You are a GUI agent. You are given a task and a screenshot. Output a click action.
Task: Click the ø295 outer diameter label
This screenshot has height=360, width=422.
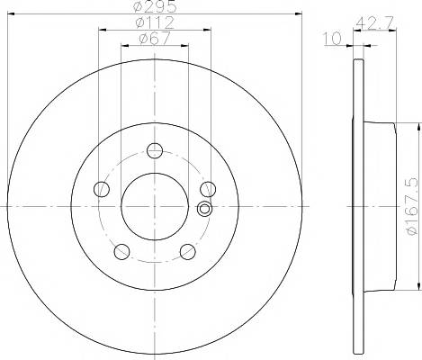pos(154,6)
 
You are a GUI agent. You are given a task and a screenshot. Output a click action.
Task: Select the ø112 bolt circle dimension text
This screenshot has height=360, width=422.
pos(155,22)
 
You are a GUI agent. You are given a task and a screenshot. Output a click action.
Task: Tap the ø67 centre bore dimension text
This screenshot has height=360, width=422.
pos(155,39)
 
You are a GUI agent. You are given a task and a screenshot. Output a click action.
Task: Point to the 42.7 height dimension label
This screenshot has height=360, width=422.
pos(374,22)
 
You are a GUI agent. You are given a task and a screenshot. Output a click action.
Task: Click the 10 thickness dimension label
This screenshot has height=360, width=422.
pos(332,39)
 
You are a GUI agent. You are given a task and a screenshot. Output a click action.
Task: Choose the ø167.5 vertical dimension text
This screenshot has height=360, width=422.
pos(412,206)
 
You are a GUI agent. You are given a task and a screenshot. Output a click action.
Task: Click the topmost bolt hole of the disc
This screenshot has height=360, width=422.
pos(155,150)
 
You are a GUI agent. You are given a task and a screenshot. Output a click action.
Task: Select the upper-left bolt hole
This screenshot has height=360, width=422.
pos(102,189)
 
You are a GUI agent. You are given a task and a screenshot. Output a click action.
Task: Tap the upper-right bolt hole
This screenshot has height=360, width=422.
pos(208,189)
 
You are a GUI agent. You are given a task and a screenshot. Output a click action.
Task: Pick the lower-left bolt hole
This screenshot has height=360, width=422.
pos(121,251)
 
